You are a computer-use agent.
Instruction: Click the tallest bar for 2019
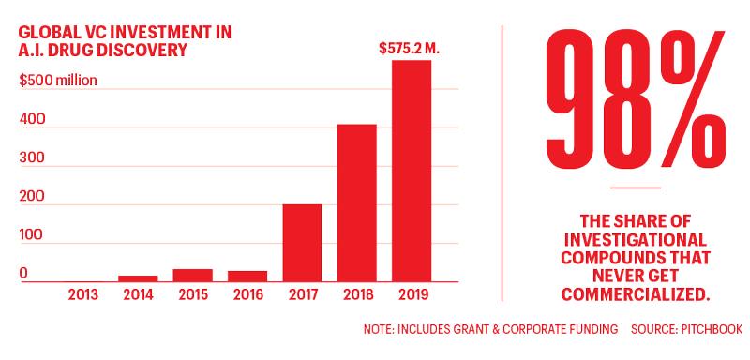click(412, 171)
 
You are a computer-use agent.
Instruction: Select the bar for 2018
click(357, 202)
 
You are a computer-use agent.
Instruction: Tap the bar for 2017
click(302, 243)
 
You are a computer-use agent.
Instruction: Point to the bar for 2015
click(193, 276)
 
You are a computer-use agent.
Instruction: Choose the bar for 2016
click(247, 277)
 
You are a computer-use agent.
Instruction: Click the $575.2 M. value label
click(409, 49)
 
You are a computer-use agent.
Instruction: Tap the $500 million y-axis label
click(58, 80)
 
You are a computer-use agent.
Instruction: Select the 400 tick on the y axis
click(33, 119)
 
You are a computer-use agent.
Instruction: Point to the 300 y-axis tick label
click(33, 157)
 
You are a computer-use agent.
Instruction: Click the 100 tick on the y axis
click(31, 235)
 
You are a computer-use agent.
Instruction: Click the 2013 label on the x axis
click(83, 294)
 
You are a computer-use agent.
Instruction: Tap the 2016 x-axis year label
click(247, 294)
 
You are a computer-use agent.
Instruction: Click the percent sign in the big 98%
click(691, 99)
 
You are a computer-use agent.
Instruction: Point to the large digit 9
click(571, 98)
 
